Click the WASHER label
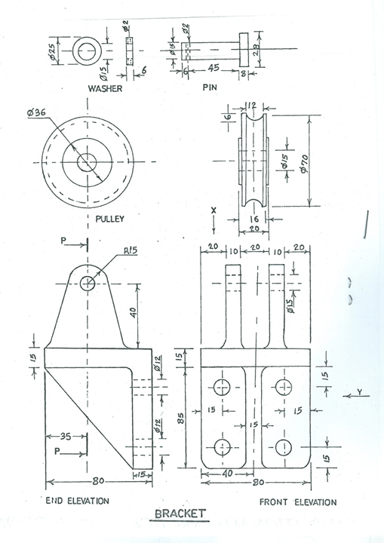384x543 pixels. click(105, 88)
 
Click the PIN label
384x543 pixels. click(210, 88)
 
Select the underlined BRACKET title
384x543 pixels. click(180, 514)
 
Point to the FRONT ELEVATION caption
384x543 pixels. click(298, 502)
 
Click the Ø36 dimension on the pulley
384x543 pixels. click(36, 114)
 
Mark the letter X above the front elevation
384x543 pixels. click(214, 212)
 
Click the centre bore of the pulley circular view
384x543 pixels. click(89, 162)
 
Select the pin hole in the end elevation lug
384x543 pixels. click(89, 283)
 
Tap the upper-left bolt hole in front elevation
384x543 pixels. click(222, 388)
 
